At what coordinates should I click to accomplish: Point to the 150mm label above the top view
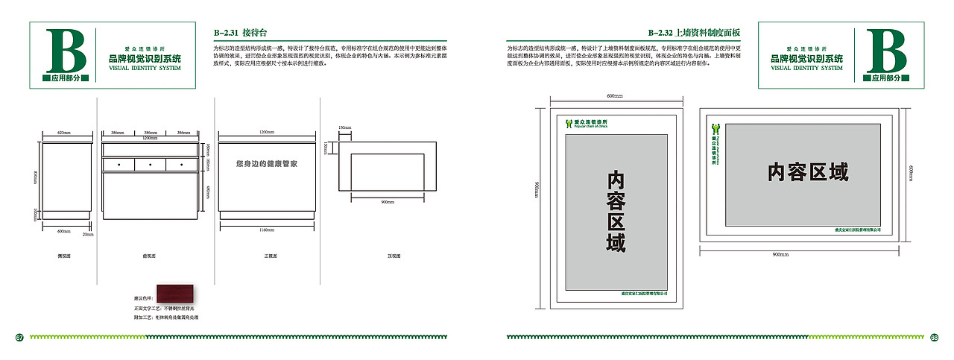click(x=344, y=127)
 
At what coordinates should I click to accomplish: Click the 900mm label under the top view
click(x=388, y=202)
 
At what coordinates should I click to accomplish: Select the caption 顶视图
click(x=394, y=256)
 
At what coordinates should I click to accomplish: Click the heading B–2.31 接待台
click(x=240, y=33)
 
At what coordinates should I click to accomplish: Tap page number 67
click(x=20, y=338)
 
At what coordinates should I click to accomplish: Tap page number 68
click(x=934, y=338)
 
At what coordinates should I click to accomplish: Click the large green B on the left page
click(x=66, y=51)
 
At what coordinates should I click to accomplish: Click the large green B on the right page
click(x=887, y=51)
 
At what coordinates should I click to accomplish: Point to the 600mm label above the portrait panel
click(x=614, y=96)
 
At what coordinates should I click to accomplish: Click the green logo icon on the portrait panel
click(x=570, y=123)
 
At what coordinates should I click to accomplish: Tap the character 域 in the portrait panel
click(x=615, y=241)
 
